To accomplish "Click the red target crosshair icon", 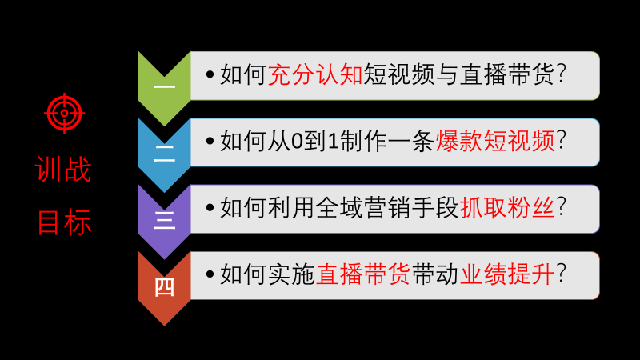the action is tap(65, 113).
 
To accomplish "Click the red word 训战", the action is tap(63, 170).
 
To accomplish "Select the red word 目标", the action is tap(64, 222).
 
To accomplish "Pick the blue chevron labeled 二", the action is tap(164, 155).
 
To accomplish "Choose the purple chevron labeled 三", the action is tap(164, 222).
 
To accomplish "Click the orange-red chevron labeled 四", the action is tap(164, 288).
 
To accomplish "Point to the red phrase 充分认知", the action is tap(315, 74).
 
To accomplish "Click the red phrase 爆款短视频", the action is tap(495, 142).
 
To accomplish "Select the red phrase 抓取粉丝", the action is tap(507, 208).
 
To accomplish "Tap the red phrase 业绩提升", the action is tap(507, 274).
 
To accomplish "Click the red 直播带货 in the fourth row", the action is tap(363, 274).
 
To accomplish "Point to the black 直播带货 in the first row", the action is tap(507, 74).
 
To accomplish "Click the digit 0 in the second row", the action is tap(297, 142).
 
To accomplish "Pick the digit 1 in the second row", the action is tap(333, 142).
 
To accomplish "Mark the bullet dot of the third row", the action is tap(210, 208).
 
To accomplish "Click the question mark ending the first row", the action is tap(562, 74).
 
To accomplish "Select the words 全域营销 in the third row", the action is tap(363, 208).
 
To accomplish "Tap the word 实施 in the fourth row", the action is tap(291, 274).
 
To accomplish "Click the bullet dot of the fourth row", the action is tap(210, 274).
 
